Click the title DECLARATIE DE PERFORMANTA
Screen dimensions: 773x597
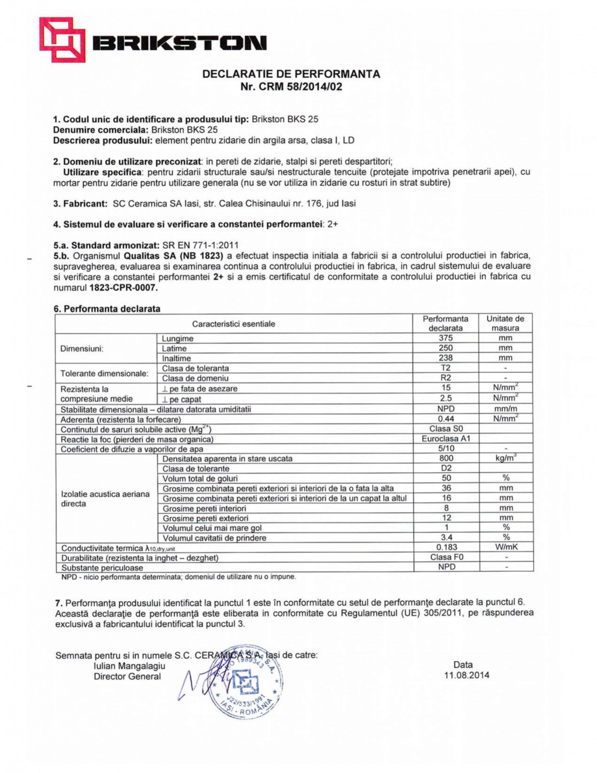click(291, 74)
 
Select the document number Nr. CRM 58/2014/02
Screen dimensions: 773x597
click(291, 86)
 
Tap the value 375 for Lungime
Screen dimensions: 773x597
click(445, 338)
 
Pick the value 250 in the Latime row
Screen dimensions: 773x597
click(445, 348)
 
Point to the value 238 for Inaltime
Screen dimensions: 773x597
click(445, 358)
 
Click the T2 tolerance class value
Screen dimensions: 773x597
click(445, 368)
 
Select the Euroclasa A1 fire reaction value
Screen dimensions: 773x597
click(445, 439)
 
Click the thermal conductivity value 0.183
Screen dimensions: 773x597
click(445, 547)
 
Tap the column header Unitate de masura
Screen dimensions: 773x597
click(505, 323)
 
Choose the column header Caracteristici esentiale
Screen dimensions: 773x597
click(233, 323)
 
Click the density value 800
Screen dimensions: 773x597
click(445, 459)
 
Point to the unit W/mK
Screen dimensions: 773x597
click(505, 547)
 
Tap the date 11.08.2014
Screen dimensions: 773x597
click(463, 675)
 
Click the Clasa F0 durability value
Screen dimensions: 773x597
click(445, 557)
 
